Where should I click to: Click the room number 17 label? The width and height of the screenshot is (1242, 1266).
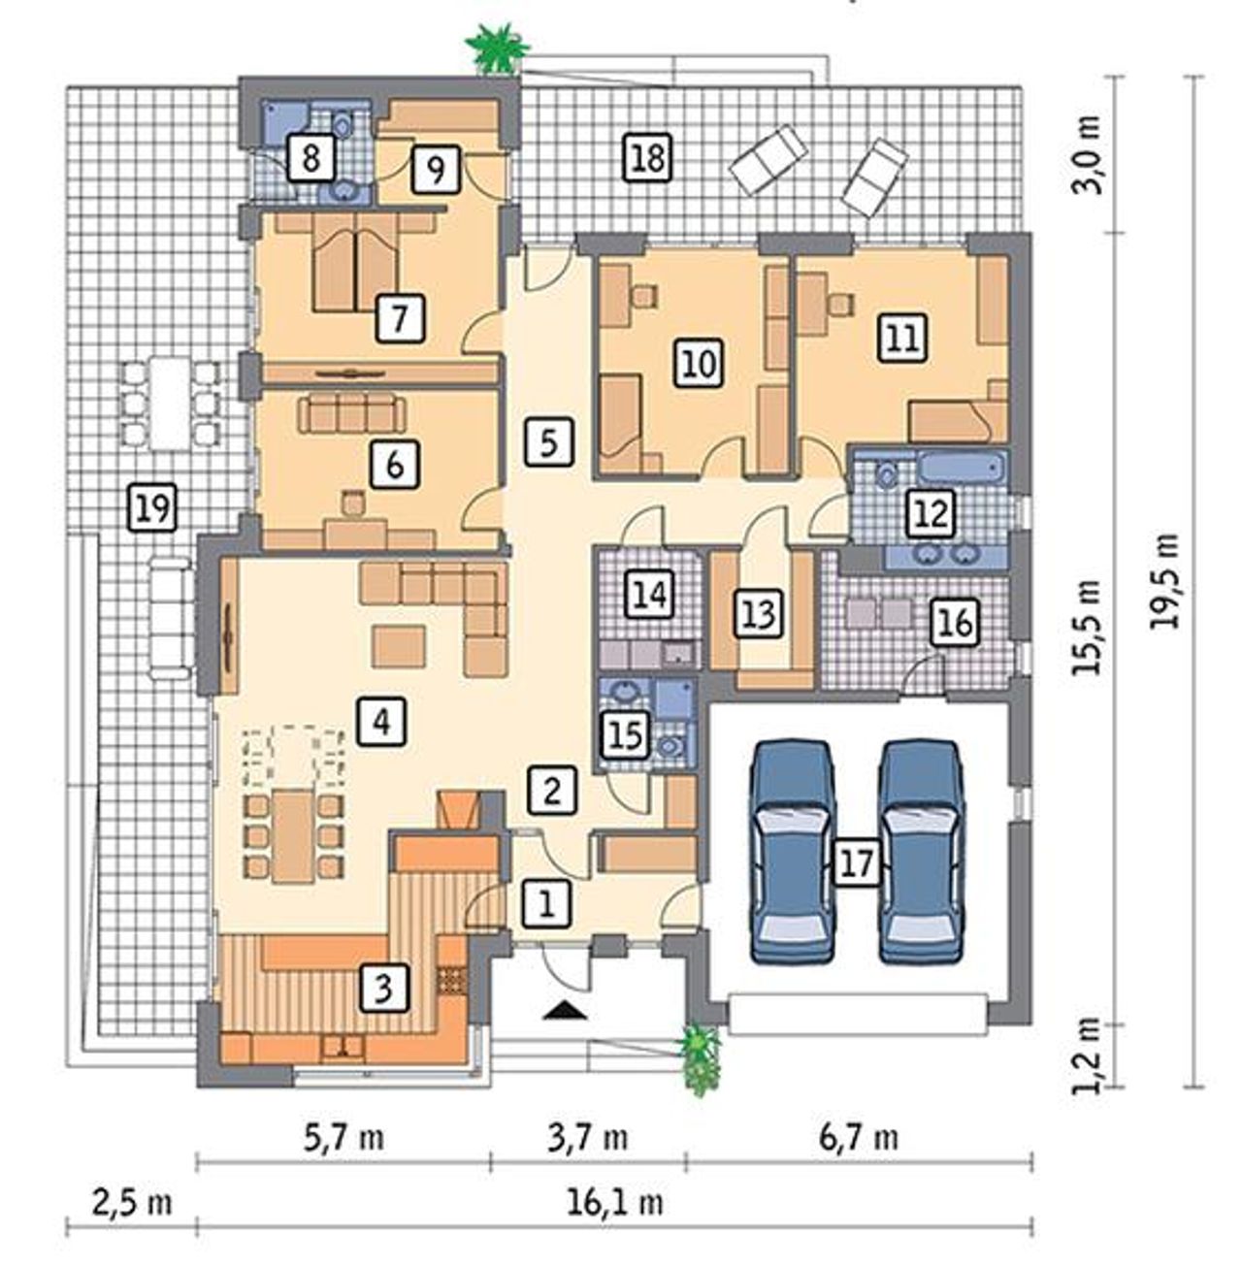click(858, 861)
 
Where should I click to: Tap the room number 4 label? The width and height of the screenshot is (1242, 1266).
click(381, 722)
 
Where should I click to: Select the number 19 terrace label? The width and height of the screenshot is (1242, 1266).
click(152, 506)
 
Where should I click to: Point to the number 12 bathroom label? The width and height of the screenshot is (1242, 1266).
click(932, 512)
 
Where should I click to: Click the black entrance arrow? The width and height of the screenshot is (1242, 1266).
click(565, 1012)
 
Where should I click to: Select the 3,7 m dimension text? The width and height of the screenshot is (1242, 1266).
click(587, 1137)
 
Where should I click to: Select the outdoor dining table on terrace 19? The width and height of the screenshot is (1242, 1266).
click(169, 403)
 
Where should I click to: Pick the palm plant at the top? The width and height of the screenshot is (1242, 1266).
click(497, 48)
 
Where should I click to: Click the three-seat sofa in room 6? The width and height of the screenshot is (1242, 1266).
click(350, 412)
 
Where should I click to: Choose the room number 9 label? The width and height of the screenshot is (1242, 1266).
click(435, 170)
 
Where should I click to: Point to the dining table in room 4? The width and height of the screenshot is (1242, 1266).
click(293, 836)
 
